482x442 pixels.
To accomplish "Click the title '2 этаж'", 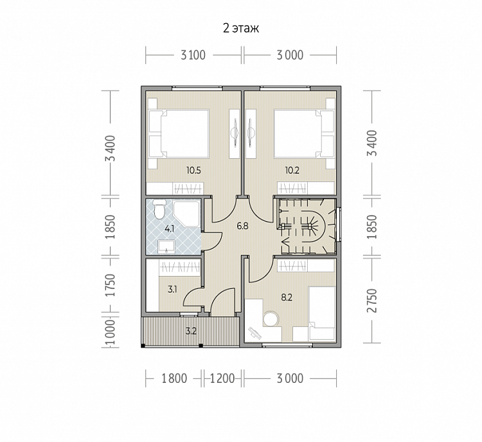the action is tap(241, 28).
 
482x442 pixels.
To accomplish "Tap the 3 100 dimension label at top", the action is tap(193, 55).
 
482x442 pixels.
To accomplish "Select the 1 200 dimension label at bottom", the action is tap(222, 378).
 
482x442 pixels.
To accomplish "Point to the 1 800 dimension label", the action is tap(174, 378).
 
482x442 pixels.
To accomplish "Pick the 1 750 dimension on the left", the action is tap(110, 285).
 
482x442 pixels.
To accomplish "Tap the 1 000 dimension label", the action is tap(110, 332).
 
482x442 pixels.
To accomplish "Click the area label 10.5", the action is tap(193, 170).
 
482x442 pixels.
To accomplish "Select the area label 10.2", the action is tap(292, 170).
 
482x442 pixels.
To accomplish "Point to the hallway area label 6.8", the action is tap(242, 226).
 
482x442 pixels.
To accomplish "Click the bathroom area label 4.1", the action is tap(170, 229).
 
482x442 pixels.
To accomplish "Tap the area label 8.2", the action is tap(287, 297).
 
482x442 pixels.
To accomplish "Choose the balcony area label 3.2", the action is tap(191, 331).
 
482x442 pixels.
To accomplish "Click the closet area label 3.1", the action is tap(172, 289).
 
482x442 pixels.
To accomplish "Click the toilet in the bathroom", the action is tap(159, 209).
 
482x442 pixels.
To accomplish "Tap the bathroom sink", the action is tap(166, 247).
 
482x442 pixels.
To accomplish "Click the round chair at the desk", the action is tap(271, 319).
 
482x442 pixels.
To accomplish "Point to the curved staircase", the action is tap(306, 227).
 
